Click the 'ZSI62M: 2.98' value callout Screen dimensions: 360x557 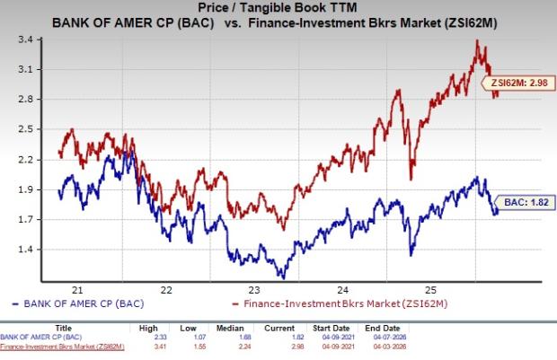point(517,84)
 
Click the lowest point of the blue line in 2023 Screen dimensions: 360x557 point(282,277)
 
